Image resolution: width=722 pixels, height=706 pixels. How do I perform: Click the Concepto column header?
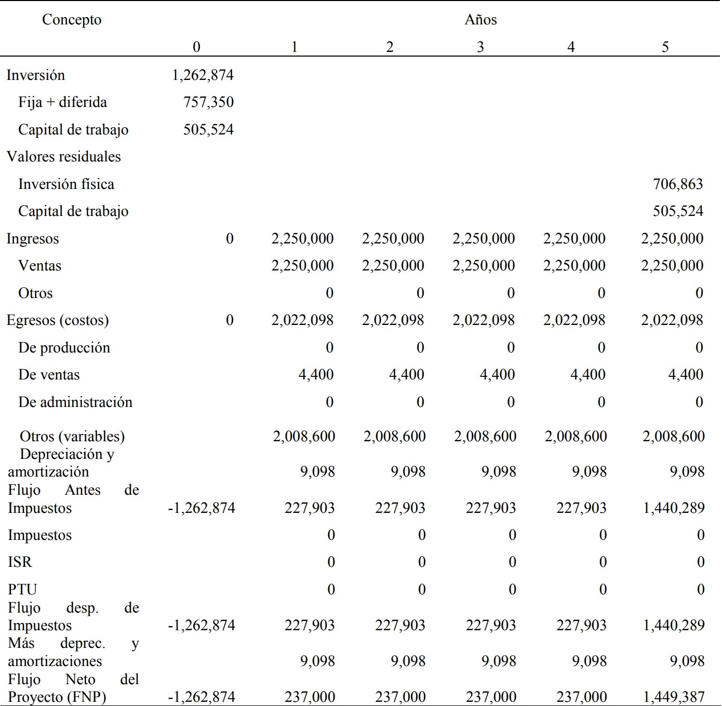coord(72,20)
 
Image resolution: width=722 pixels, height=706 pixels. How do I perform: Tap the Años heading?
coord(480,20)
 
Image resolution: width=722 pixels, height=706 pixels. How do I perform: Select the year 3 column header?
coord(480,47)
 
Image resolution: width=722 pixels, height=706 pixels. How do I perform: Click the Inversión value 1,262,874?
coord(203,75)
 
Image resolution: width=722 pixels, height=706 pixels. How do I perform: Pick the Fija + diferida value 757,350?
coord(208,102)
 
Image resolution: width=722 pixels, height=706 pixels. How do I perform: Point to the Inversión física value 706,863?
coord(678,184)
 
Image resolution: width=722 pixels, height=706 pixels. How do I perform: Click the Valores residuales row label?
coord(63,157)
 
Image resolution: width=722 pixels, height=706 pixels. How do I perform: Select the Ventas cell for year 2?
coord(393,266)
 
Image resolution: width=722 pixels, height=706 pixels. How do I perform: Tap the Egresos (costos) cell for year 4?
coord(574,320)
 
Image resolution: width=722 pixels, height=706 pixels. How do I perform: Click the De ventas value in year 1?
coord(316,375)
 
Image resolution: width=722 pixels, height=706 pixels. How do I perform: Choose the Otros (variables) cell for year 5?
coord(673,437)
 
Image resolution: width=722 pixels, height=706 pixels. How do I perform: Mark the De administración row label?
coord(75,402)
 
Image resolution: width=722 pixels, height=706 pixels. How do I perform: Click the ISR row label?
coord(20,562)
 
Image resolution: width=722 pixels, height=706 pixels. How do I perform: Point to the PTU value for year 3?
coord(512,590)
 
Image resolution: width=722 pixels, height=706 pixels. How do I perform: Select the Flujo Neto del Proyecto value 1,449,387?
coord(673,697)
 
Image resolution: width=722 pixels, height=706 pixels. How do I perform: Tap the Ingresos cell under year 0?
coord(230,239)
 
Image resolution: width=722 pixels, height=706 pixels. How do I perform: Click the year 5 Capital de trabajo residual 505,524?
coord(678,211)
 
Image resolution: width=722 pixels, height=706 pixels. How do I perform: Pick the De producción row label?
coord(64,348)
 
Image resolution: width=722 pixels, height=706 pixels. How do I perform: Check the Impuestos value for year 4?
coord(603,535)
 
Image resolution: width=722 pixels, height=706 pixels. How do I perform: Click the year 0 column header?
coord(196,47)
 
